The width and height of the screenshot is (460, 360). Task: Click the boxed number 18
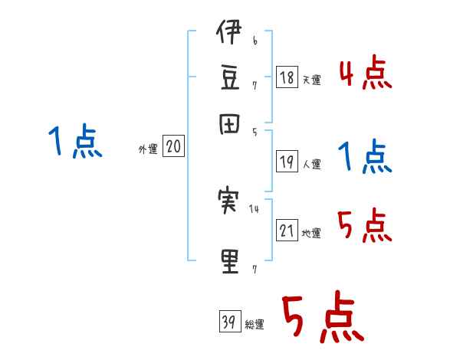[x=287, y=77]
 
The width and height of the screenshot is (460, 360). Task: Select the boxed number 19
[x=287, y=161]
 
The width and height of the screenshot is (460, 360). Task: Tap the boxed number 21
[x=287, y=230]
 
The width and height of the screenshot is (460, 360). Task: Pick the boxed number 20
[x=172, y=148]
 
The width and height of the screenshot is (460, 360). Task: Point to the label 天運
[x=312, y=80]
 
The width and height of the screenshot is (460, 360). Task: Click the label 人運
[x=312, y=163]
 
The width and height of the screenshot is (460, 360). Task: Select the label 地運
[x=312, y=233]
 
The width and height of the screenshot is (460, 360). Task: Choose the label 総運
[x=255, y=324]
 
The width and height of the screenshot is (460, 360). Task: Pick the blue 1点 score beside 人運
[x=365, y=157]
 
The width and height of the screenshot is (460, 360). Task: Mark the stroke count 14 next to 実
[x=255, y=208]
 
